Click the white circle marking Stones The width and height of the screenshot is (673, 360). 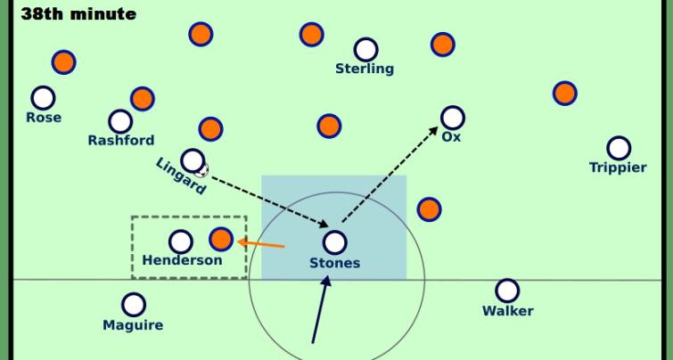(334, 242)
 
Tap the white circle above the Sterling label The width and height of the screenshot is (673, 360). (365, 50)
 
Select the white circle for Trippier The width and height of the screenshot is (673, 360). (619, 148)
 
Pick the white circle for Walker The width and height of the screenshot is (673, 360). (507, 290)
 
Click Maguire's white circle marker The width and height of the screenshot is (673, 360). (134, 305)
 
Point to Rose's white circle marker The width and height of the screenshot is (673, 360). (43, 98)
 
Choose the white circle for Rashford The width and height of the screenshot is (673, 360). (120, 121)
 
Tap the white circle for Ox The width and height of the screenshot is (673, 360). (453, 118)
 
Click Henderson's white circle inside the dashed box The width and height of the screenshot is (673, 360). (181, 241)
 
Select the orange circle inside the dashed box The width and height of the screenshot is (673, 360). (221, 239)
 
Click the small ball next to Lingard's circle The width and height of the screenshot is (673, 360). (202, 169)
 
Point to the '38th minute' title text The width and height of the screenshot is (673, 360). (78, 14)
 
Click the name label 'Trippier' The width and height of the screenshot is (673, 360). (618, 168)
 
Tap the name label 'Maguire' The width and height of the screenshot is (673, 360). (133, 325)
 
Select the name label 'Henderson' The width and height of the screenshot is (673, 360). (182, 260)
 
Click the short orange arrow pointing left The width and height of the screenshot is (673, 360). (262, 242)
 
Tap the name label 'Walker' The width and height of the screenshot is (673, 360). (507, 311)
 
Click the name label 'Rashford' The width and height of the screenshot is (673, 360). (121, 141)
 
